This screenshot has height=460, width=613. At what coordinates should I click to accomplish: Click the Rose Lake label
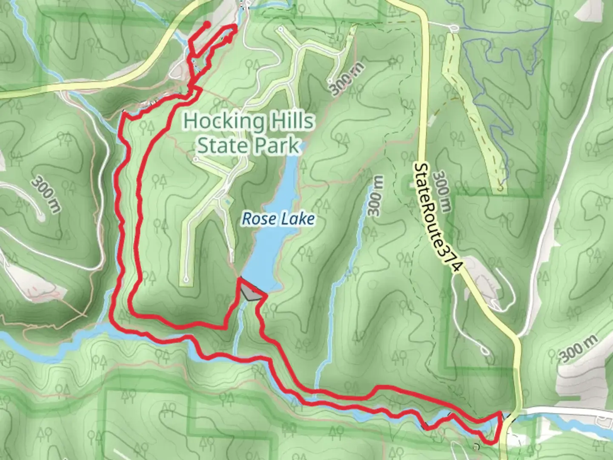tap(278, 219)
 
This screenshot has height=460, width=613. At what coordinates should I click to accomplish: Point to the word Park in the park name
tap(278, 146)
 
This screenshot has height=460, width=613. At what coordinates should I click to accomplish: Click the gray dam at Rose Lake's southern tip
tap(250, 293)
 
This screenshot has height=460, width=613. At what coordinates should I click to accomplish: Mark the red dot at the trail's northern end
tap(207, 24)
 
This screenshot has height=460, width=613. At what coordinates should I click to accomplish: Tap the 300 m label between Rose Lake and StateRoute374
tap(376, 196)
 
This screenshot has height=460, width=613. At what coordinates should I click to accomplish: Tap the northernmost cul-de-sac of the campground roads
tap(281, 30)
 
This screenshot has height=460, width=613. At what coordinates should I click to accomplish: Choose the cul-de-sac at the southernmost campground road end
tap(185, 279)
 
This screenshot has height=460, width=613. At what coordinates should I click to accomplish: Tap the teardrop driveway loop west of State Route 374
tap(484, 350)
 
